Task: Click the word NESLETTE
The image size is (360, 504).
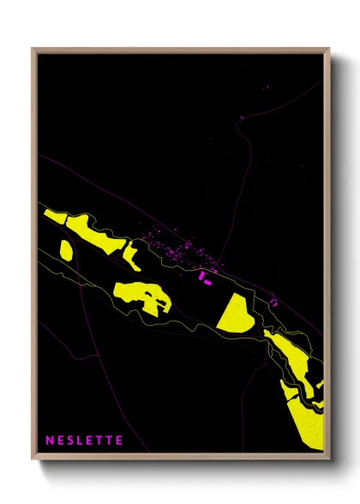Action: click(x=84, y=441)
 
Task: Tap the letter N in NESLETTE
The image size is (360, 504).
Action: click(x=49, y=441)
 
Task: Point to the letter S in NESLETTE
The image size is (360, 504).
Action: click(x=70, y=441)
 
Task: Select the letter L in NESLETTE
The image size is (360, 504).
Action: click(x=81, y=441)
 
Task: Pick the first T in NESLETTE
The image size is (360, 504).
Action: click(x=100, y=441)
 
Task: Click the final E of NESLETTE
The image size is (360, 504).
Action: click(x=119, y=441)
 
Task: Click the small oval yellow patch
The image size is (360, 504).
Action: click(x=66, y=250)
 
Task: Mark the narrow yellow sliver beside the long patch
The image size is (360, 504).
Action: click(x=132, y=255)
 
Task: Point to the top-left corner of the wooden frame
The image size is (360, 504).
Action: click(x=33, y=49)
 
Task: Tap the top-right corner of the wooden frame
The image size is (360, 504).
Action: click(x=328, y=49)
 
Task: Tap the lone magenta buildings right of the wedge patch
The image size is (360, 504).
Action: click(x=273, y=300)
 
